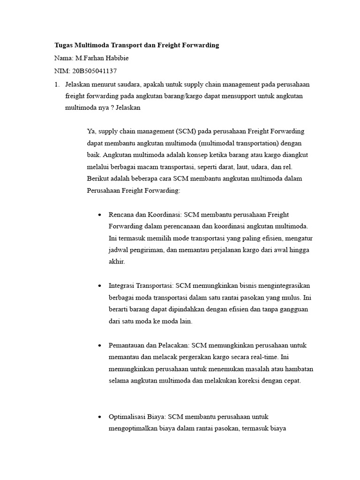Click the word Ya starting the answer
point(91,131)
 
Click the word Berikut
point(98,179)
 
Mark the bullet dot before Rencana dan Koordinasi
point(99,215)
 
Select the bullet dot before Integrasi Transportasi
point(99,286)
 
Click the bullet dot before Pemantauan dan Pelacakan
point(99,345)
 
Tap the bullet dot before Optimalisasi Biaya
point(99,417)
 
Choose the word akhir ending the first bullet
point(117,262)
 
